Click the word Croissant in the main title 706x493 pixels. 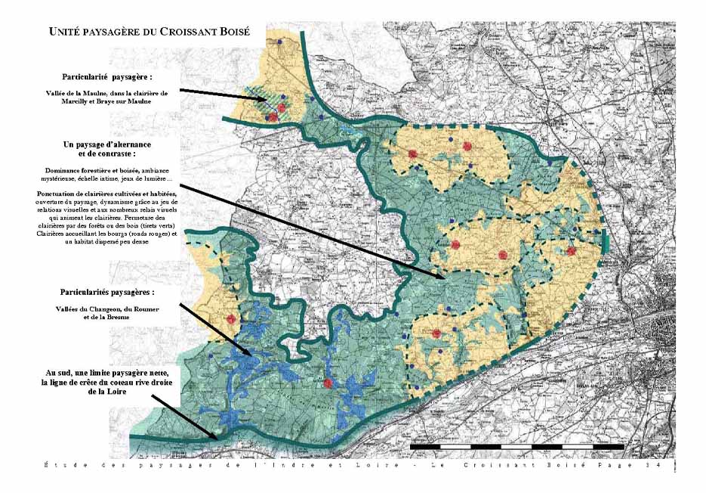pyautogui.click(x=184, y=32)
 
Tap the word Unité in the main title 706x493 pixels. pyautogui.click(x=65, y=32)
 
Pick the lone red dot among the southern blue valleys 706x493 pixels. pyautogui.click(x=328, y=384)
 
